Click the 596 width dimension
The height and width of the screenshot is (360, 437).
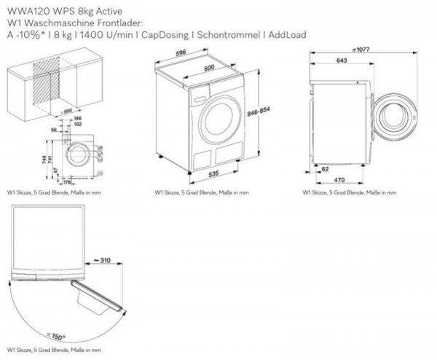click(x=181, y=52)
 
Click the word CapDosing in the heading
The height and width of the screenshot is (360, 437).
click(x=178, y=34)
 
